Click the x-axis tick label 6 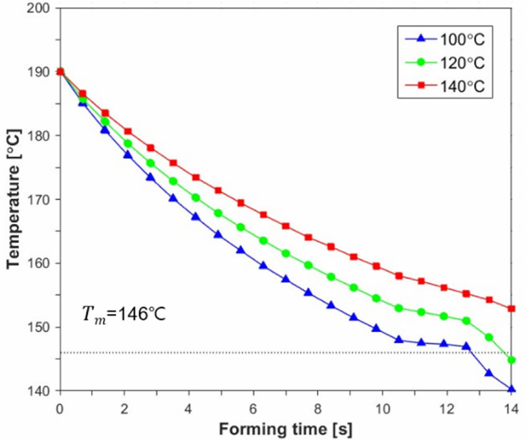click(x=253, y=409)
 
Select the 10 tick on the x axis click(x=382, y=409)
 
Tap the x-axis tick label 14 click(x=510, y=409)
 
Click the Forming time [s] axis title click(x=285, y=429)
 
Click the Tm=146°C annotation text click(x=124, y=313)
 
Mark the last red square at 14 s click(x=511, y=309)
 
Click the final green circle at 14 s click(x=511, y=360)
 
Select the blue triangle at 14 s click(x=511, y=389)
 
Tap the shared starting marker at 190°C click(x=60, y=72)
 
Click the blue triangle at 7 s click(x=286, y=279)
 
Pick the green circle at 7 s click(x=286, y=253)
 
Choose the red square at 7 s click(x=286, y=226)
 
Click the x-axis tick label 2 click(x=124, y=409)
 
